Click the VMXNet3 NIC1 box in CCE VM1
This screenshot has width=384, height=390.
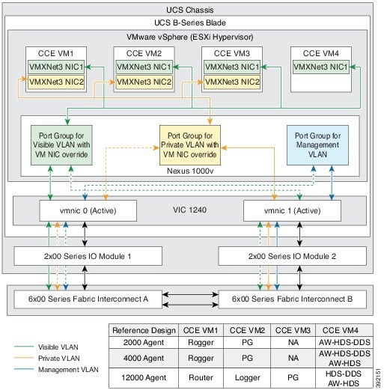pyautogui.click(x=55, y=67)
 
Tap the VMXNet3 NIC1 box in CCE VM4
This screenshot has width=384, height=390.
pyautogui.click(x=320, y=67)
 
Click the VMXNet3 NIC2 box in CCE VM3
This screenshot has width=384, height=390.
pyautogui.click(x=232, y=81)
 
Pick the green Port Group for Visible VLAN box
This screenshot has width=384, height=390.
pyautogui.click(x=61, y=141)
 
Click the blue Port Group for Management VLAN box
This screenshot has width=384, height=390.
pyautogui.click(x=314, y=141)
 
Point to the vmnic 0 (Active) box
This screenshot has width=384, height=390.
pyautogui.click(x=88, y=211)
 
